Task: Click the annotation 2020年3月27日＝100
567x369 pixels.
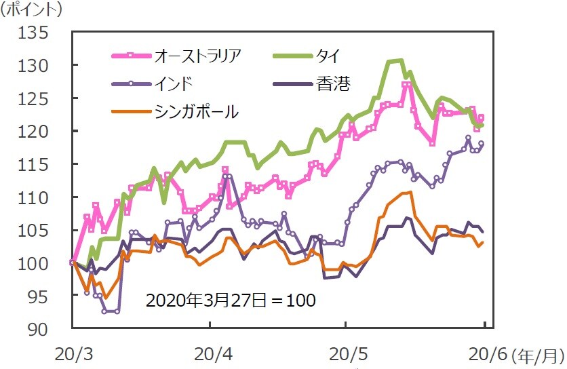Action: click(231, 299)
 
